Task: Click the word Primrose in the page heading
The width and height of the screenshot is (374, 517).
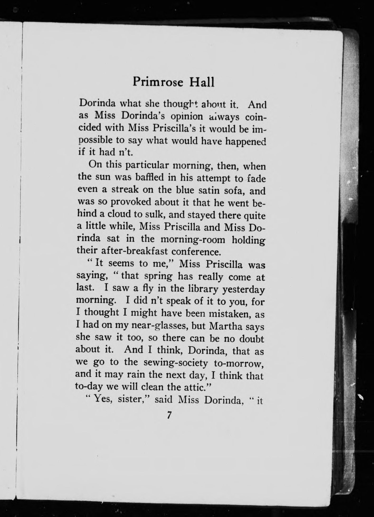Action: coord(158,82)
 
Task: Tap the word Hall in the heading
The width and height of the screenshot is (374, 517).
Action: coord(201,82)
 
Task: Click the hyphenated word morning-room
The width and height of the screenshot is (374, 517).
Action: coord(193,239)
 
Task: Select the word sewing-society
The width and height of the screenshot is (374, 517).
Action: coord(176,363)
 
